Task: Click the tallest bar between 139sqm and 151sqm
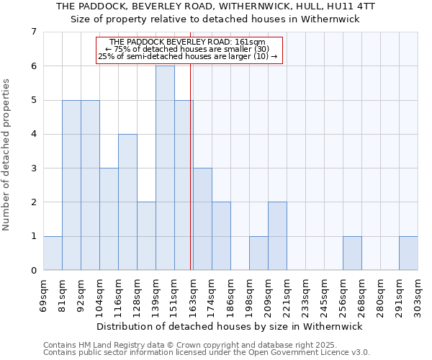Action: [165, 168]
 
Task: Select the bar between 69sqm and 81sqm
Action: [53, 253]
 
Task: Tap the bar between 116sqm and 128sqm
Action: [127, 202]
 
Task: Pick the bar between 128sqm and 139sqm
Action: [146, 236]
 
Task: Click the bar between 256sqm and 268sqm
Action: [352, 253]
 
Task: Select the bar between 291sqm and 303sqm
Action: [408, 253]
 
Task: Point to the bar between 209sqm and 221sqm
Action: [277, 236]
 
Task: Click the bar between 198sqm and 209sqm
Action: [258, 253]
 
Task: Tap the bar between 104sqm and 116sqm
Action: [109, 219]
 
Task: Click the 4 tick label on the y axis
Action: [33, 134]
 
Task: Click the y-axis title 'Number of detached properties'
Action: [7, 154]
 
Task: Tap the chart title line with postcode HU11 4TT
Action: [215, 6]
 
